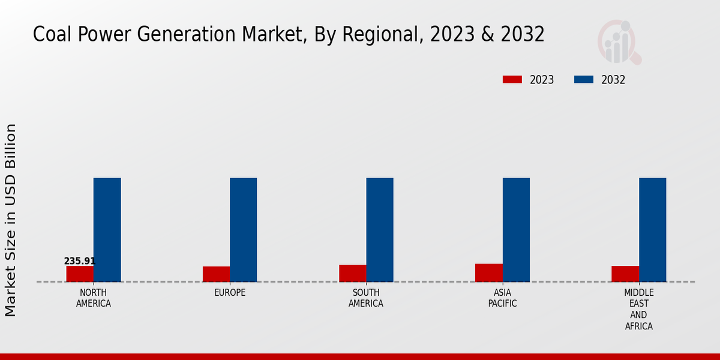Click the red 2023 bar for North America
[80, 274]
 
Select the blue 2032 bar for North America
[107, 230]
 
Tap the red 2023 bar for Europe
[216, 274]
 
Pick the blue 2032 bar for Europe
[244, 230]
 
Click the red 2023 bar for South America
[353, 273]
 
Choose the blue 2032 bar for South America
[380, 230]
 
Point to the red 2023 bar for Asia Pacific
[489, 272]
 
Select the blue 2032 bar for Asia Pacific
[516, 230]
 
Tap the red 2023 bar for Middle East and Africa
[625, 274]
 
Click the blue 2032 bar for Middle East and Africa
[652, 230]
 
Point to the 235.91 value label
[80, 261]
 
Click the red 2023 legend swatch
[512, 80]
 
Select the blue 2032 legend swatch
[584, 80]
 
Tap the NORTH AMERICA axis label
[94, 298]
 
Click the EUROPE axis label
[230, 293]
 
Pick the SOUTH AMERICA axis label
[366, 298]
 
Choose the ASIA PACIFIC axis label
[503, 298]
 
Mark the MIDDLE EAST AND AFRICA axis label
[639, 310]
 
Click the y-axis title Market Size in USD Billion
[11, 220]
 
